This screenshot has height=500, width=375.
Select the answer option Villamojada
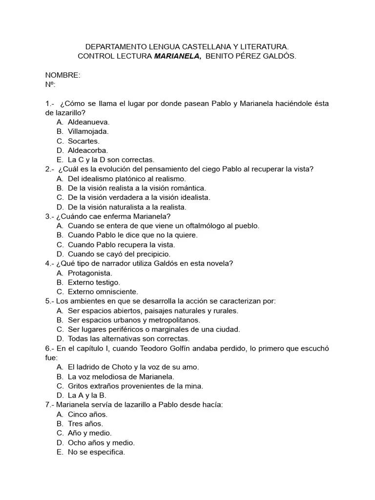(88, 131)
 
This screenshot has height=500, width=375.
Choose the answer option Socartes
(83, 141)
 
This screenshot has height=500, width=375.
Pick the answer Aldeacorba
(88, 150)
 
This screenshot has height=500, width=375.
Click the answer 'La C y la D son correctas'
(111, 160)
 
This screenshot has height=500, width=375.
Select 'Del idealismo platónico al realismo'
(127, 179)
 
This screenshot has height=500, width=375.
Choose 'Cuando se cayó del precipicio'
(119, 254)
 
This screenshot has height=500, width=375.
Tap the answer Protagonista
(90, 273)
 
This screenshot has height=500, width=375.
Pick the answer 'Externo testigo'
(94, 282)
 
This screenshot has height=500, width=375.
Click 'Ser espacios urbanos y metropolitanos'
(134, 320)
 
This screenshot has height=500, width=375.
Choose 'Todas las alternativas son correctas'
(128, 338)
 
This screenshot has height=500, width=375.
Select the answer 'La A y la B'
(87, 395)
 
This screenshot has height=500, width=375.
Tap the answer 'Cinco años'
(87, 414)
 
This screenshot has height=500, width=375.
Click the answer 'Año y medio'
(90, 433)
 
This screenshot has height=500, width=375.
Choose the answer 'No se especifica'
(96, 452)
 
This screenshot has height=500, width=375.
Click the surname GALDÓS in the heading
(277, 56)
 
